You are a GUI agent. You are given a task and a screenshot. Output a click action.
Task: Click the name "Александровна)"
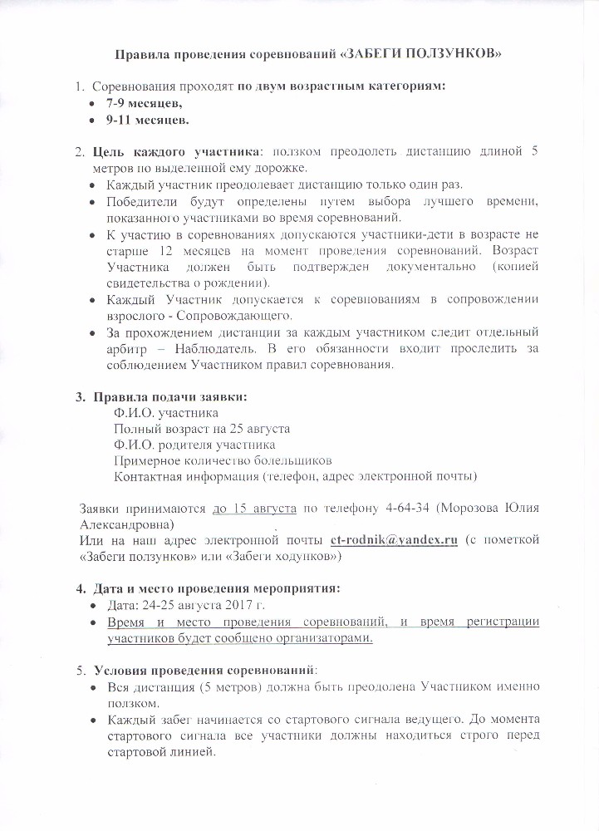(126, 524)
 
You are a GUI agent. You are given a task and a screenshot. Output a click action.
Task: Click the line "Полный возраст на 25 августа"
(202, 428)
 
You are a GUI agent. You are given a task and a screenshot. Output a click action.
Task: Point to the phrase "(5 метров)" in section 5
(228, 686)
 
